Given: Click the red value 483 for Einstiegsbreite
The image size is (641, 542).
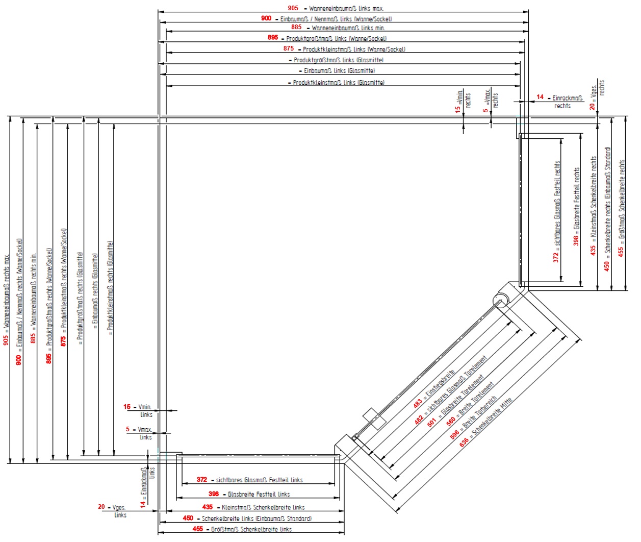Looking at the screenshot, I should (418, 403).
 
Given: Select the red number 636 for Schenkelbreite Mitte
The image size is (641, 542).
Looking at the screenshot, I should (464, 442).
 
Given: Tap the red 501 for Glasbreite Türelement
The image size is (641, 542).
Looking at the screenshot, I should (432, 423).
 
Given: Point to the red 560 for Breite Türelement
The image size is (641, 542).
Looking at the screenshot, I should (451, 421).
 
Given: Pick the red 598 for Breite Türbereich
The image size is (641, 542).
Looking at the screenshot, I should (455, 434).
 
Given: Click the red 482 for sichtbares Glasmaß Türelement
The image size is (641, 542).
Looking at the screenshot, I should (419, 420).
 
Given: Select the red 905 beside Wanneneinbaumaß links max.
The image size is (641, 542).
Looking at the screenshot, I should (293, 8).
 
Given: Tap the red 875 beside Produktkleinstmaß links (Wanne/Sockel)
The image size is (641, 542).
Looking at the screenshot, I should (289, 48).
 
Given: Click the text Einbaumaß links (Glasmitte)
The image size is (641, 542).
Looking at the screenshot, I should (339, 71).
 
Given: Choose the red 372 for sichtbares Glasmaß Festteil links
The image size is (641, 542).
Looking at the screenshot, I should (202, 480).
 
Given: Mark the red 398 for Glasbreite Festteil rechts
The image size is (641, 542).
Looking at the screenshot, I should (576, 240).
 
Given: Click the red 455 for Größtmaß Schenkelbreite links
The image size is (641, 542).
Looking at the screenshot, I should (198, 529).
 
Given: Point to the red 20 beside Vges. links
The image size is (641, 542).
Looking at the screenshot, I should (101, 507).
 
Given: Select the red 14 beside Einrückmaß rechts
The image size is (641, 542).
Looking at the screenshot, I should (540, 97).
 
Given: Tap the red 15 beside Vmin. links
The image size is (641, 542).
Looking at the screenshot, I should (127, 407).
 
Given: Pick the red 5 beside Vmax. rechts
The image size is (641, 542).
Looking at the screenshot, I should (485, 110).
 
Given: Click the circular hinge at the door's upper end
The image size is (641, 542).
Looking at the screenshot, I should (501, 299).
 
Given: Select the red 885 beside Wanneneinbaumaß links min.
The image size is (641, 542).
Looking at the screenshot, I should (296, 27).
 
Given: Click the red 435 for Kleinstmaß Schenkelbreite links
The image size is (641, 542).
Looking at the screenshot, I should (208, 507).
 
